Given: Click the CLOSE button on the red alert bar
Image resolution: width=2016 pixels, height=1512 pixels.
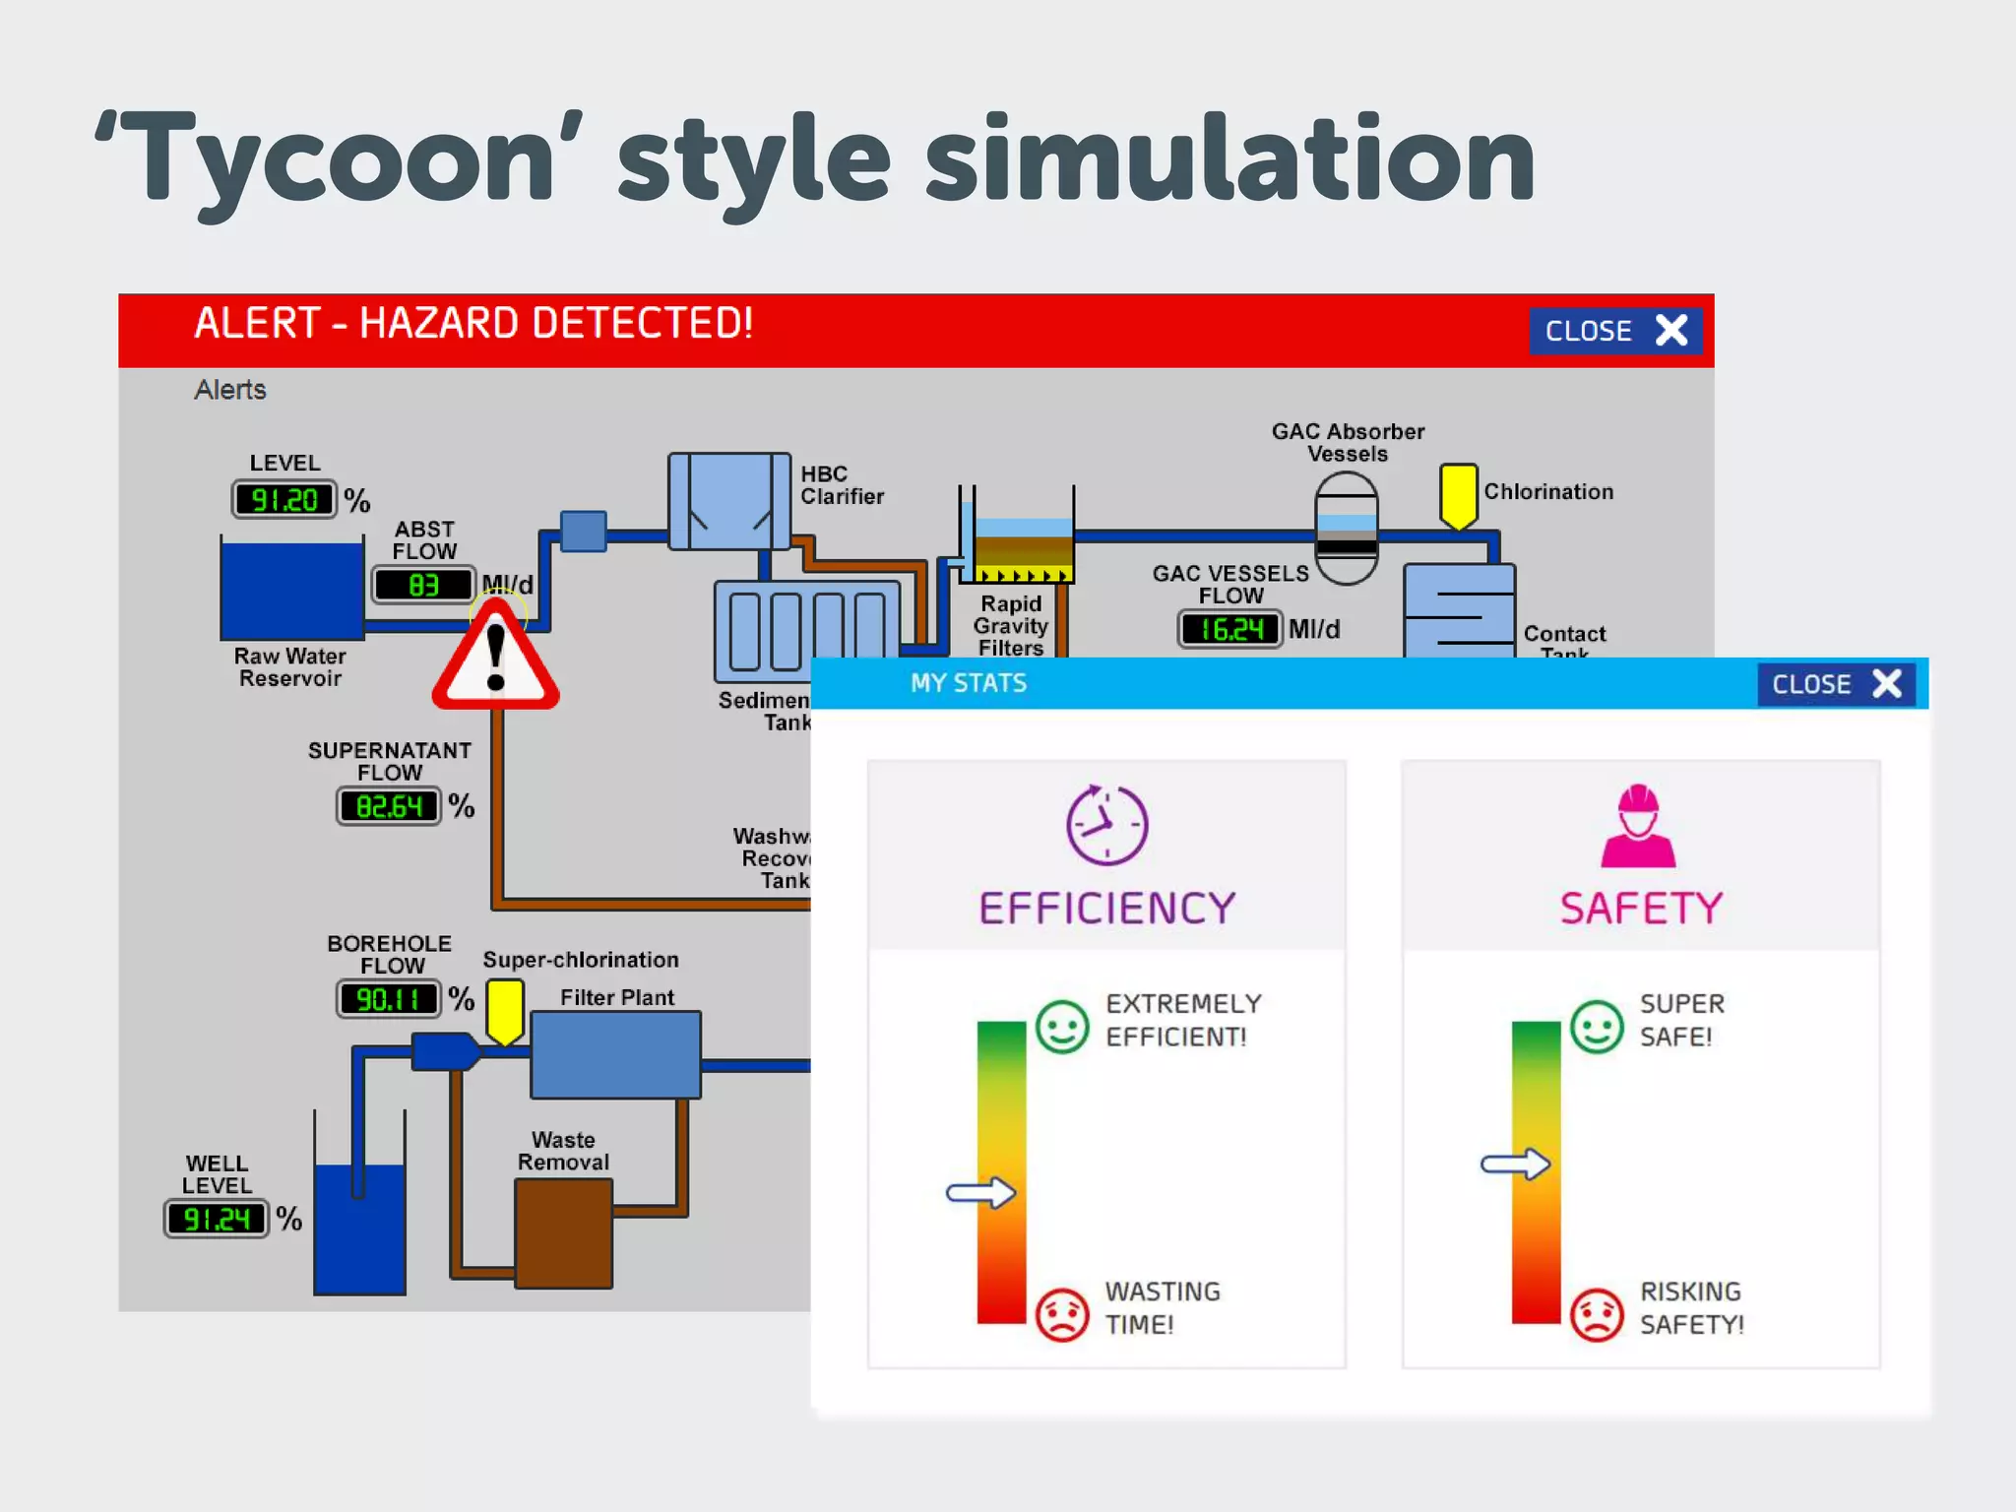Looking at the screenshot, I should click(1614, 331).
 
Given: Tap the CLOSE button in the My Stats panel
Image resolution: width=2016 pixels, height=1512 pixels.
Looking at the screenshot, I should click(1836, 684).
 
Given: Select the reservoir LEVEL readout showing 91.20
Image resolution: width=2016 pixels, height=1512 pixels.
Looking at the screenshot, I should click(284, 500).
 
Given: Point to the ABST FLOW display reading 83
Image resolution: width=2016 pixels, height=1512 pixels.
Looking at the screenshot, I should click(423, 585).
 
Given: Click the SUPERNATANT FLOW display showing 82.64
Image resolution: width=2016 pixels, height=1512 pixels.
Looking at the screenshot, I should click(389, 806).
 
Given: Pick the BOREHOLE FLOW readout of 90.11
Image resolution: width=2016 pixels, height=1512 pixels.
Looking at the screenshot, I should click(389, 999).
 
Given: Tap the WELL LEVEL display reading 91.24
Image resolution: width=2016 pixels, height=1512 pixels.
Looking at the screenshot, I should click(217, 1219).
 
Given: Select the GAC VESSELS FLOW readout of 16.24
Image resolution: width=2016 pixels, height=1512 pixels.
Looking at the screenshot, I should click(1230, 629).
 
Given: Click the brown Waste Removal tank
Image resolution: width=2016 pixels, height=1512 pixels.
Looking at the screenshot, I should click(563, 1232).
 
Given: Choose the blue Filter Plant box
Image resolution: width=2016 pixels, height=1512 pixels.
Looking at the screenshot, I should click(615, 1054).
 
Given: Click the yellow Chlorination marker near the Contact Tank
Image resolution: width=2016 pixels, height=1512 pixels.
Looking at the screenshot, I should click(1458, 495).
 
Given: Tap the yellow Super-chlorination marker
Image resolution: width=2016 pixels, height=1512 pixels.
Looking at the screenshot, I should click(505, 1010).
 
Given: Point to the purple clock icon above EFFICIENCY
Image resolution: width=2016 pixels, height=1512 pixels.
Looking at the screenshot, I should click(1106, 825).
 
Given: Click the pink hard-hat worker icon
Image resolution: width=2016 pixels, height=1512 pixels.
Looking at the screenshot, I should click(1638, 826).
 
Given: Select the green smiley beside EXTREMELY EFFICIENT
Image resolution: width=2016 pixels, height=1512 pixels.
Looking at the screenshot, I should click(1062, 1027).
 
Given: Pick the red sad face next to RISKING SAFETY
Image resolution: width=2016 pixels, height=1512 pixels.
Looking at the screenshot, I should click(1596, 1314).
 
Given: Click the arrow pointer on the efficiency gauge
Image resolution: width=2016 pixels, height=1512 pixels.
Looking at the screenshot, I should click(980, 1193).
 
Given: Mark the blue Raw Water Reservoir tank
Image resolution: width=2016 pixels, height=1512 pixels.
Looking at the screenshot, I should click(292, 590).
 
